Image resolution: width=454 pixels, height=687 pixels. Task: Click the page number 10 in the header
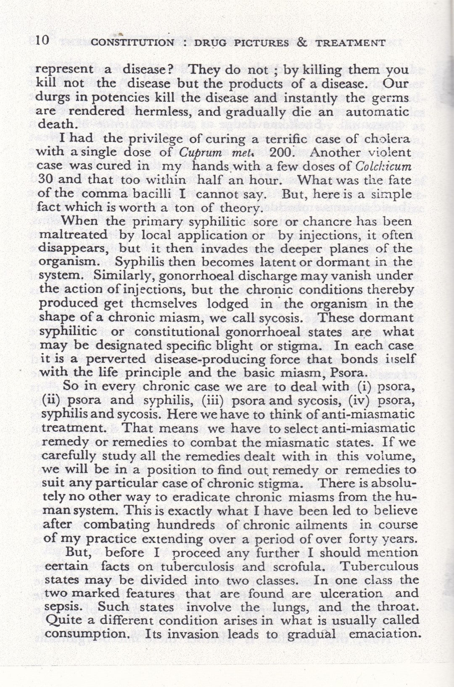click(43, 41)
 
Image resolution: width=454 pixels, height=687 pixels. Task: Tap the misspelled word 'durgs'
click(51, 98)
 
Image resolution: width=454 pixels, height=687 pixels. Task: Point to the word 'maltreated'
click(73, 235)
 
